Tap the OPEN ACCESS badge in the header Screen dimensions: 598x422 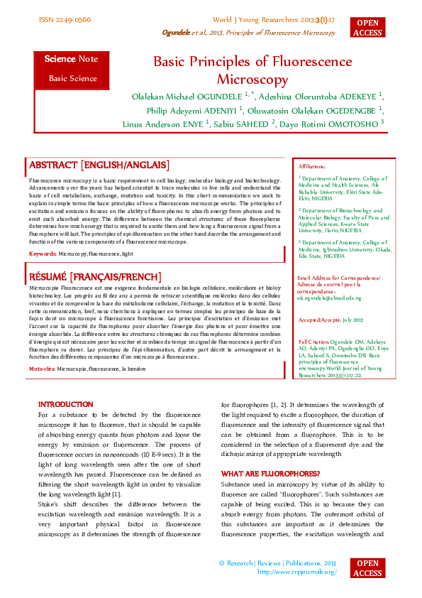click(x=367, y=27)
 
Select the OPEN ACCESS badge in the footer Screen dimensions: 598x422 click(x=367, y=568)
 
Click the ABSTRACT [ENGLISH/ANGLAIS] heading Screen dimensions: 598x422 click(x=99, y=165)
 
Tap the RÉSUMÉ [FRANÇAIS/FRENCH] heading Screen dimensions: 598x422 click(x=95, y=276)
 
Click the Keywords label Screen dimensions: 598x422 click(x=42, y=254)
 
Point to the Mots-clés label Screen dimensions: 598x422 click(x=42, y=369)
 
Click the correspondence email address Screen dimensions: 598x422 click(x=330, y=298)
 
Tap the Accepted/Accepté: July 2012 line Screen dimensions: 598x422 click(x=331, y=321)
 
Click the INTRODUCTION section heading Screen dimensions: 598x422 click(x=65, y=403)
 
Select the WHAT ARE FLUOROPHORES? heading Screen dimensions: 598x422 click(x=270, y=473)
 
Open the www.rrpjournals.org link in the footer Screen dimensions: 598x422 click(x=296, y=571)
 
